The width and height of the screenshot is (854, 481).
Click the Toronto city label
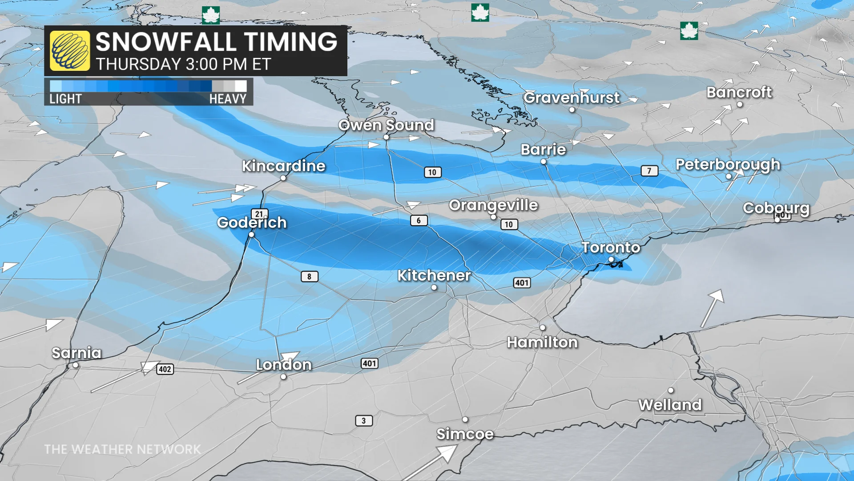pyautogui.click(x=611, y=247)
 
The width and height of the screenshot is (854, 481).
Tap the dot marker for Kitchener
pyautogui.click(x=434, y=288)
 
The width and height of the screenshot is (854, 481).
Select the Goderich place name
pyautogui.click(x=252, y=222)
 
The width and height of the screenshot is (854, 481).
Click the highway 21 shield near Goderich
pyautogui.click(x=259, y=214)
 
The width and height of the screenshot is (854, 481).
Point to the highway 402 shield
pyautogui.click(x=165, y=369)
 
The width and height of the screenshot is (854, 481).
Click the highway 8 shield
pyautogui.click(x=309, y=277)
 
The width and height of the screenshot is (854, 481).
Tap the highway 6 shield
pyautogui.click(x=419, y=220)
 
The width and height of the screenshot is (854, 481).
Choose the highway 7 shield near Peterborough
pyautogui.click(x=649, y=171)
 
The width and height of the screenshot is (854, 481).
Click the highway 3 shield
pyautogui.click(x=363, y=420)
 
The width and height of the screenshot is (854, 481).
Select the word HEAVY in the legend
pyautogui.click(x=228, y=99)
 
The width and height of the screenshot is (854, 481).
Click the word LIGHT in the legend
pyautogui.click(x=65, y=99)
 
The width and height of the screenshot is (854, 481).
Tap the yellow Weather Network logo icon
pyautogui.click(x=70, y=51)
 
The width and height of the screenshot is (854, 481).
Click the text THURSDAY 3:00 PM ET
pyautogui.click(x=183, y=65)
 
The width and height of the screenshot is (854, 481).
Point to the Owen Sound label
pyautogui.click(x=386, y=125)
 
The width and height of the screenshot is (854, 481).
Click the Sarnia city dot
pyautogui.click(x=76, y=365)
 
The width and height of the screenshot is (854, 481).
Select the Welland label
pyautogui.click(x=670, y=405)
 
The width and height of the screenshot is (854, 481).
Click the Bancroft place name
pyautogui.click(x=739, y=92)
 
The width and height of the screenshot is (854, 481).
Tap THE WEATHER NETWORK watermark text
pyautogui.click(x=122, y=449)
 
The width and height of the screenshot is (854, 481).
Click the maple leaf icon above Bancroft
pyautogui.click(x=689, y=31)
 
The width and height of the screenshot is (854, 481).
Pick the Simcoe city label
pyautogui.click(x=465, y=434)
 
